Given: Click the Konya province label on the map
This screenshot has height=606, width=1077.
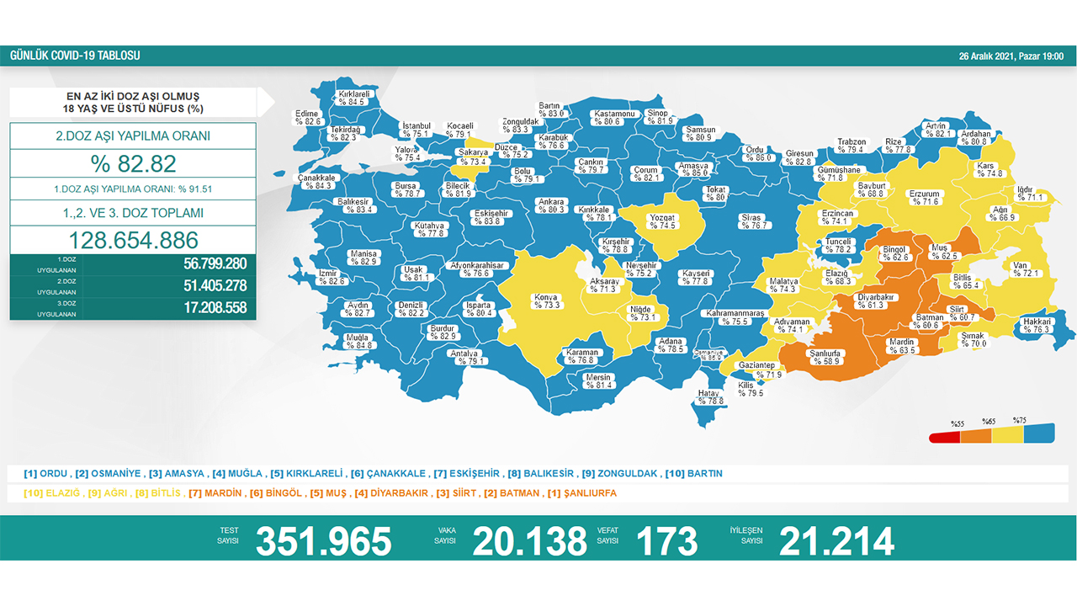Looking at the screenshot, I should pyautogui.click(x=545, y=300).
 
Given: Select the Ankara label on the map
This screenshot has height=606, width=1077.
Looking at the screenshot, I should pyautogui.click(x=552, y=205).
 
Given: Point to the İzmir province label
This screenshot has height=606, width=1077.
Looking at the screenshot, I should pyautogui.click(x=329, y=277).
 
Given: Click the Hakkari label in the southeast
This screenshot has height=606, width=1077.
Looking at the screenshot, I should pyautogui.click(x=1037, y=325).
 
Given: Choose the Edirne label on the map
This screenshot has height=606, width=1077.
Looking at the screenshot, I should pyautogui.click(x=309, y=117).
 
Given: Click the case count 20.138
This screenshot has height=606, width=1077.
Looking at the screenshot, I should pyautogui.click(x=529, y=541).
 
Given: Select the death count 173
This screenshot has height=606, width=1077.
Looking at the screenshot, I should pyautogui.click(x=666, y=541).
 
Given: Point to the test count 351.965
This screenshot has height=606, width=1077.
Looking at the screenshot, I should pyautogui.click(x=324, y=541).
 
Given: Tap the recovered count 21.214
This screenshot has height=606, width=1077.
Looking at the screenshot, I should pyautogui.click(x=836, y=541).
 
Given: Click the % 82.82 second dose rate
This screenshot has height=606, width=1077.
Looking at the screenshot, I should pyautogui.click(x=133, y=163).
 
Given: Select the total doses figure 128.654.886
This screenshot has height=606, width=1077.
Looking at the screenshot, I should pyautogui.click(x=133, y=239).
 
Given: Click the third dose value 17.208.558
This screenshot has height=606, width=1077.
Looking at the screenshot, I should pyautogui.click(x=215, y=308).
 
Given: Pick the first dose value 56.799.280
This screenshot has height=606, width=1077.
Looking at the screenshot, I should pyautogui.click(x=215, y=263).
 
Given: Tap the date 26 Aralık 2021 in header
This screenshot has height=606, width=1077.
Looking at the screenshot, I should pyautogui.click(x=1011, y=56).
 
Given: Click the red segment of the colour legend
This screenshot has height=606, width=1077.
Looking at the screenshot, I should pyautogui.click(x=944, y=437).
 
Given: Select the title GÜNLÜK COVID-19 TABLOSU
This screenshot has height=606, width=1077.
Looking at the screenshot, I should pyautogui.click(x=75, y=56).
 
